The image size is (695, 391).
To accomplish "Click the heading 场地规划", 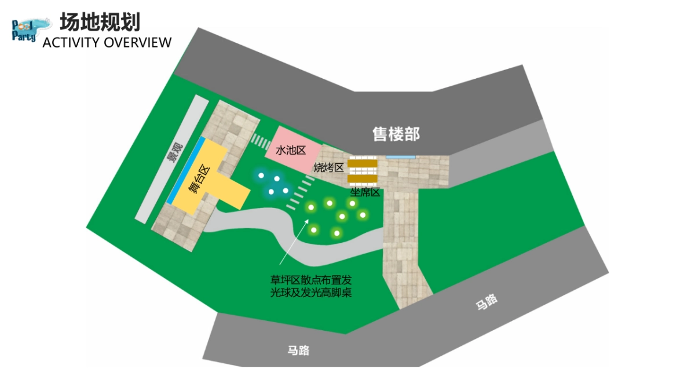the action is pos(100,22).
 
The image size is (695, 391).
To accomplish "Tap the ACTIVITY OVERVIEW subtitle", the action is pos(107,42).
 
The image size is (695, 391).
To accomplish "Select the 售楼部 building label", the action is pos(396,134).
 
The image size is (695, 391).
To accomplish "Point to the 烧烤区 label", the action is pos(328,167).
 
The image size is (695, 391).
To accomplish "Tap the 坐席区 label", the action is pos(365,192).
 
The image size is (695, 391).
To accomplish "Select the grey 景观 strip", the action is pos(172,159).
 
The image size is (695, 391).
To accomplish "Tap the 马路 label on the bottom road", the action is pos(298,350).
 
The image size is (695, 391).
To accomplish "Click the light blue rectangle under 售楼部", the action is pos(400,156).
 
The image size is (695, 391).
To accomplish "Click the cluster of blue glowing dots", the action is pos(273,184).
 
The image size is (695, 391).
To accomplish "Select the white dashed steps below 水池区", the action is pos(301,191).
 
